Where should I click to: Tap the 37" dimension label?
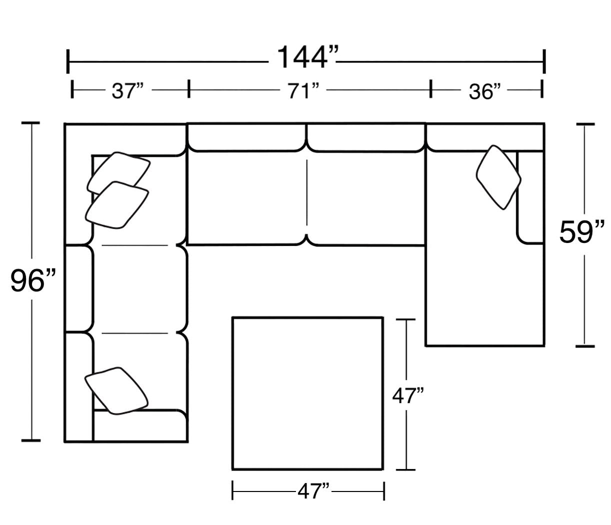(127, 91)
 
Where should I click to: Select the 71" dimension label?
(303, 91)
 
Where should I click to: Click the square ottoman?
(307, 393)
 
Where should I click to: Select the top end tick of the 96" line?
(31, 122)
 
